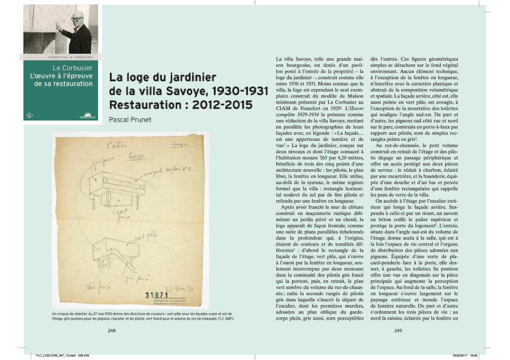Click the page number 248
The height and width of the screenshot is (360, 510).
(x=112, y=331)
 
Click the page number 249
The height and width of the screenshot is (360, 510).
(x=398, y=331)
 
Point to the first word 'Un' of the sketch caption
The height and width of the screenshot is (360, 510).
(x=54, y=313)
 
